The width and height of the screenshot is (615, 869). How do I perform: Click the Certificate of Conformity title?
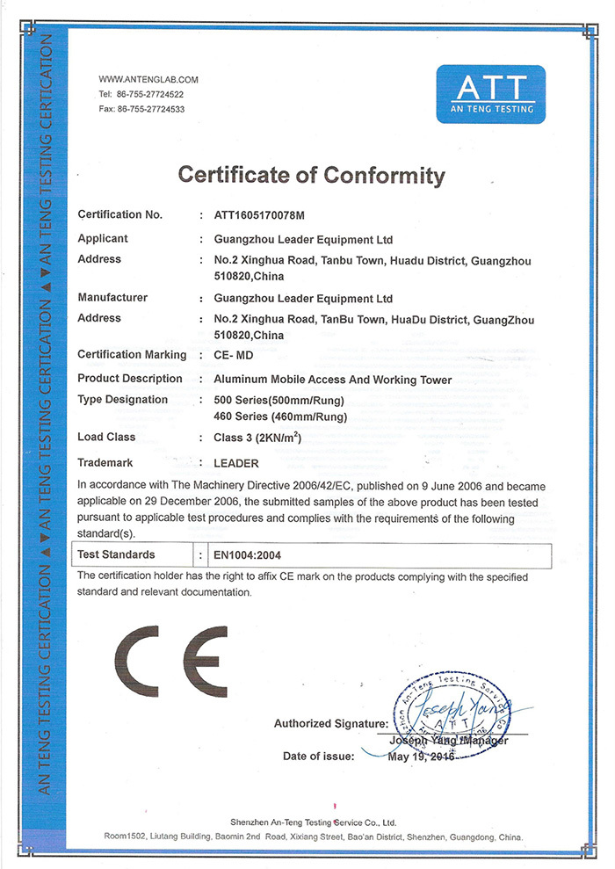point(312,174)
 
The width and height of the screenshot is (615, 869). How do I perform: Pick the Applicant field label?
point(103,239)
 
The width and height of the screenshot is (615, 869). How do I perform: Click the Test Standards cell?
point(116,555)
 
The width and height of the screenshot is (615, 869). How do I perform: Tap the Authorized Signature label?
point(330,724)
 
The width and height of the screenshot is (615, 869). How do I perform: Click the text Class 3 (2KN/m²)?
point(258,437)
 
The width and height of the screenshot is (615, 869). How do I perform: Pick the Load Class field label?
point(106,437)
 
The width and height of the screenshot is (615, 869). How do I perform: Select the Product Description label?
point(130,379)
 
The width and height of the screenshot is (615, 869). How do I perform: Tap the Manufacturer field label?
point(112,298)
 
